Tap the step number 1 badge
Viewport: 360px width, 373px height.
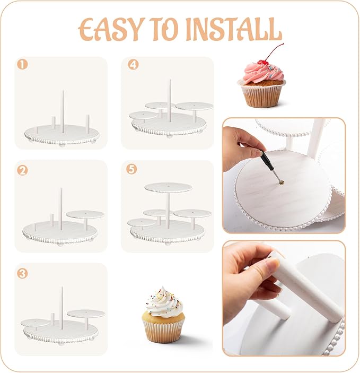(22, 65)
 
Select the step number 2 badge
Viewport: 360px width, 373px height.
(22, 170)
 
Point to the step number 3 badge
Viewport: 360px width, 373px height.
(22, 274)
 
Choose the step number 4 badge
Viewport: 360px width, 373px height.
(133, 64)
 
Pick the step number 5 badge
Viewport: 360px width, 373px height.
(131, 169)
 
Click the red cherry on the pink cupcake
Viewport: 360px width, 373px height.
(264, 63)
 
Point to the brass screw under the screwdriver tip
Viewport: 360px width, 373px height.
(282, 182)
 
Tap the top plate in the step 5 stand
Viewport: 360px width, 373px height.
(169, 187)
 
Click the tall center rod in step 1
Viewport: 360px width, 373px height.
(63, 111)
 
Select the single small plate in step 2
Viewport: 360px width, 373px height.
(85, 214)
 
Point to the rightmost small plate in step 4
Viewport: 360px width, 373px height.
(194, 106)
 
